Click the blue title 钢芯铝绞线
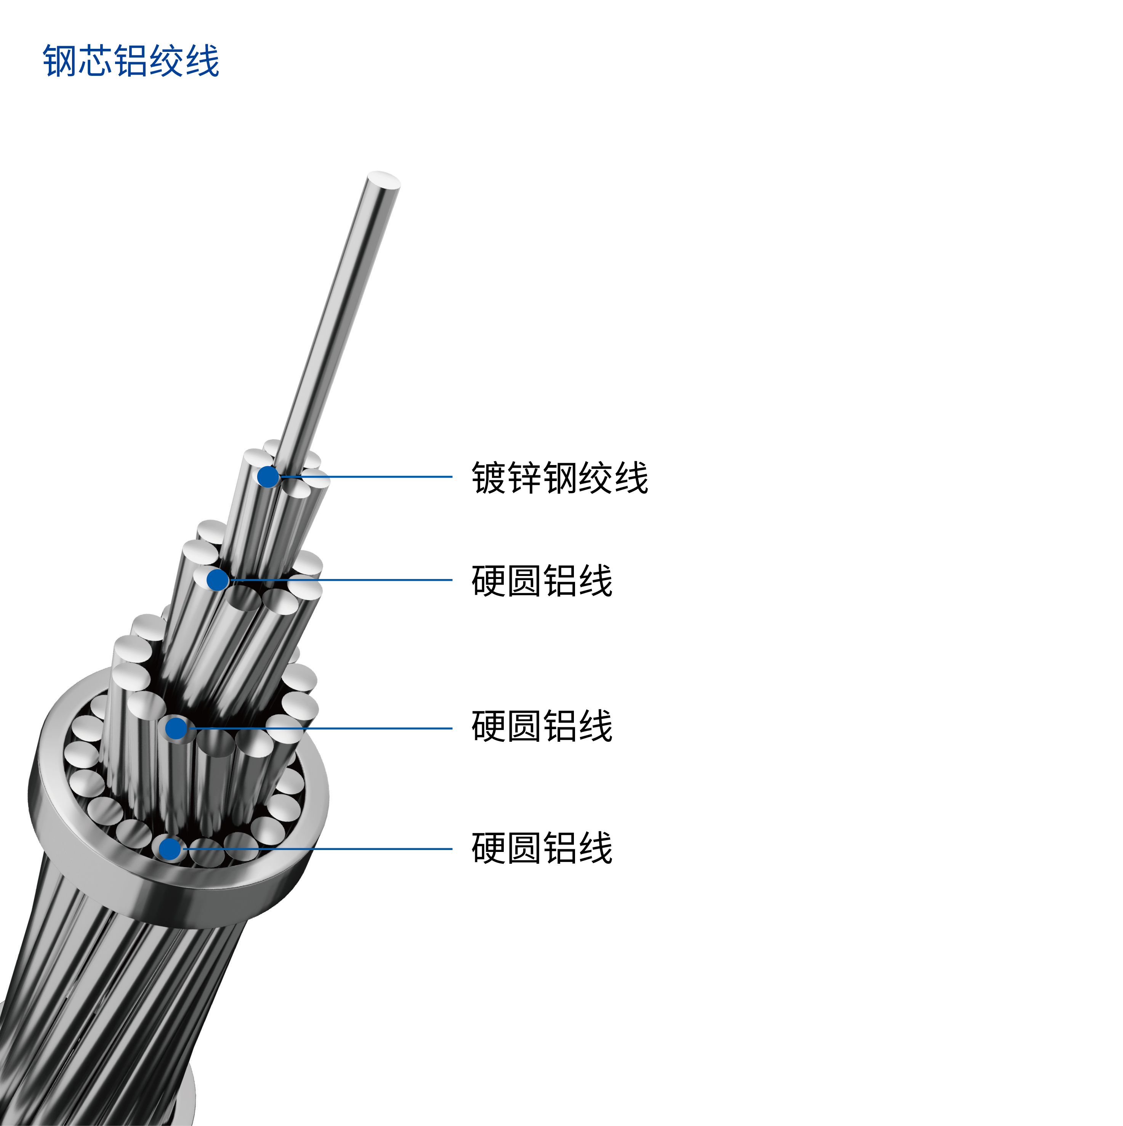[x=131, y=61]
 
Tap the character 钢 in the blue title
[x=60, y=61]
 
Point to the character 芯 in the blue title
[x=96, y=61]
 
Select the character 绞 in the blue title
[x=167, y=61]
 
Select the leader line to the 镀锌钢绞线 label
[x=365, y=477]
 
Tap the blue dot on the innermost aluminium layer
[x=217, y=580]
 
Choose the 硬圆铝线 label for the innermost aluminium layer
[x=542, y=581]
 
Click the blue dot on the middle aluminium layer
[x=176, y=728]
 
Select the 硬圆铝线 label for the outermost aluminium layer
[x=542, y=848]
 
